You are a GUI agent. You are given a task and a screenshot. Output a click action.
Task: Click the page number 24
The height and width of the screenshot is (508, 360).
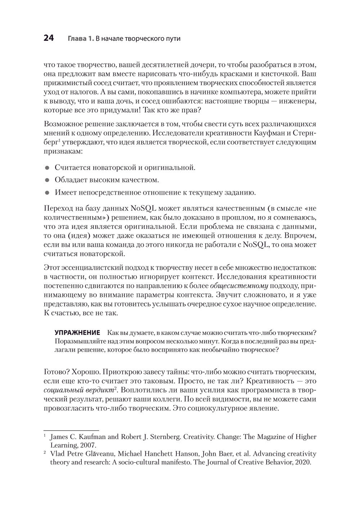click(49, 38)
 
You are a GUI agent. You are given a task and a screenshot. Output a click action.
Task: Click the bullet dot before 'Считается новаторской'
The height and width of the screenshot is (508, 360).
click(46, 168)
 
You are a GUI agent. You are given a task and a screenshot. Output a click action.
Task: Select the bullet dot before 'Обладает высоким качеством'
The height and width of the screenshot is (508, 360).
click(46, 180)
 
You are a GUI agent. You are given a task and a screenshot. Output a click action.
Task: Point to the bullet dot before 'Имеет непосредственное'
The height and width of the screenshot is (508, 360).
click(46, 193)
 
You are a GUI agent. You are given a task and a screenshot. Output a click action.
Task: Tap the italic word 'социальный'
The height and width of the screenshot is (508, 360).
click(60, 390)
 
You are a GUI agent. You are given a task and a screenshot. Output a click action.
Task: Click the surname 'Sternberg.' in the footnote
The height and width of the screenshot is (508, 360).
click(163, 437)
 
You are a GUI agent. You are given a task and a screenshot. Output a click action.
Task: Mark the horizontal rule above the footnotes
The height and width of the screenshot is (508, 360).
click(71, 430)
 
